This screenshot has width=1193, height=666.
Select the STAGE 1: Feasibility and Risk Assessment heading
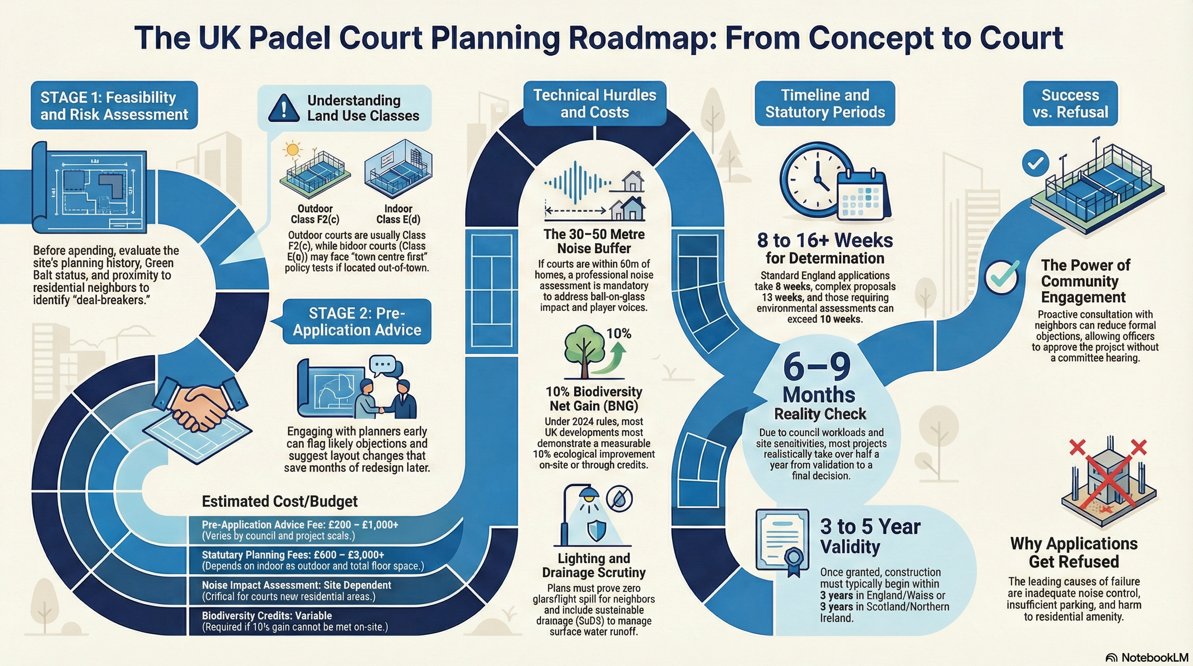[x=114, y=106]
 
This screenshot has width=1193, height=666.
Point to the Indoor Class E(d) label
[x=398, y=214]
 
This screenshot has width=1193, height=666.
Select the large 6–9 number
[x=817, y=367]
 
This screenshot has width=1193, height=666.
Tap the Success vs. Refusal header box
[x=1070, y=104]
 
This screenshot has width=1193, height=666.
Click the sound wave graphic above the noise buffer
[x=577, y=182]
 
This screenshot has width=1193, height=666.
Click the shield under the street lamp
[x=596, y=530]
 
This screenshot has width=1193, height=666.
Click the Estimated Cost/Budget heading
[x=280, y=501]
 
